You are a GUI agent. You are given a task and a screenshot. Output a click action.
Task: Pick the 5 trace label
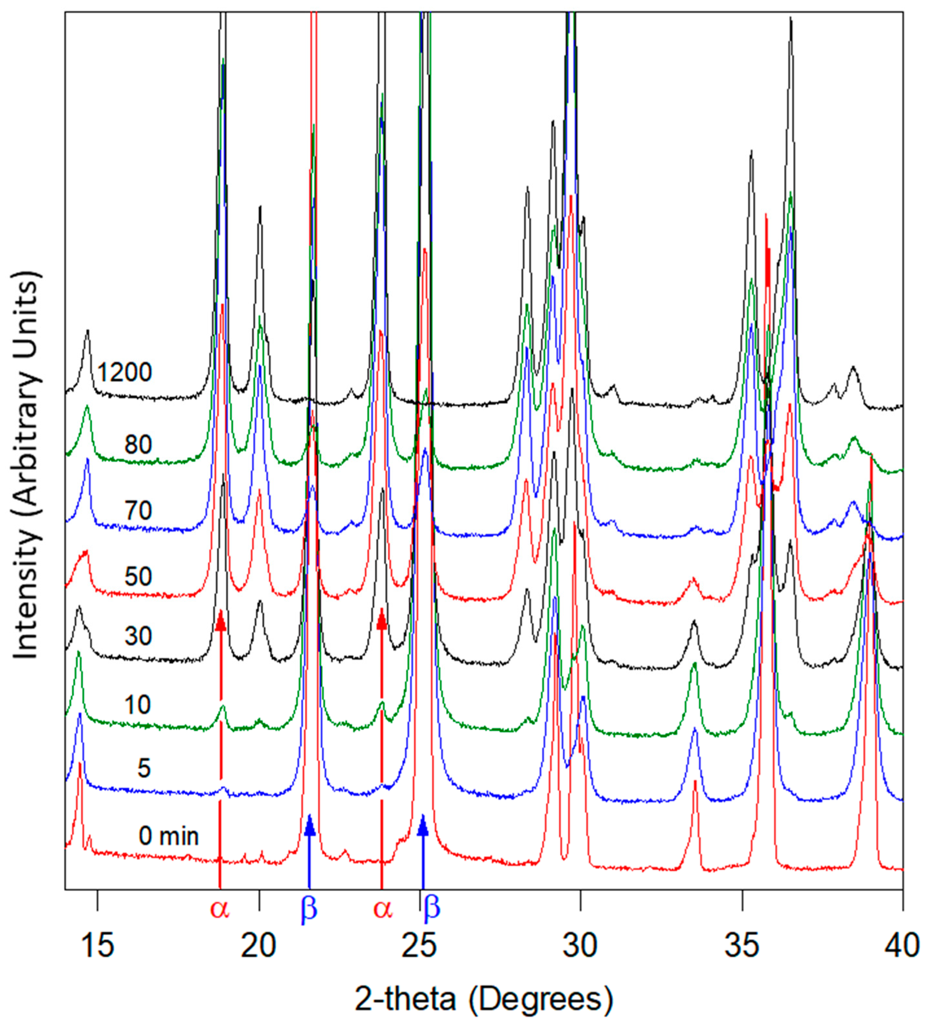[144, 768]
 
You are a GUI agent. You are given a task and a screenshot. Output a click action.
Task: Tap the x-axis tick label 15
[97, 945]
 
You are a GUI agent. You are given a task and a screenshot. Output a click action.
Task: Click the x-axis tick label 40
[902, 945]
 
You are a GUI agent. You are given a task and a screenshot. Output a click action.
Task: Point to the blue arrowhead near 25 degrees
[422, 827]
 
